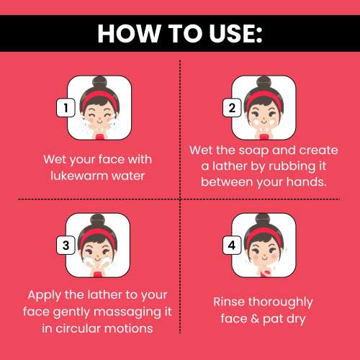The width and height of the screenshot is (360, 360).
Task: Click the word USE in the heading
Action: [x=232, y=33]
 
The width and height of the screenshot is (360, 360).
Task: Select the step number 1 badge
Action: [x=66, y=107]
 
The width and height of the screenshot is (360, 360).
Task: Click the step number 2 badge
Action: [x=232, y=107]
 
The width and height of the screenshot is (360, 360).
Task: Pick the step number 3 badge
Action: [x=66, y=246]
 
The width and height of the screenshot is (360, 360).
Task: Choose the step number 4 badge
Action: [x=232, y=246]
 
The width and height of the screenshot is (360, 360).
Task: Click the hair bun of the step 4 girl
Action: [x=264, y=220]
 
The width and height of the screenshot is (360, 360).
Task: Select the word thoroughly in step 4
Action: [x=280, y=302]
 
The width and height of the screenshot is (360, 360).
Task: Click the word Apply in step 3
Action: [x=44, y=296]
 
